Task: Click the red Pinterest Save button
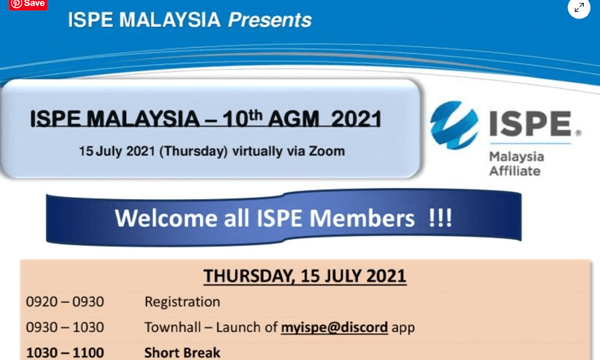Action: (28, 4)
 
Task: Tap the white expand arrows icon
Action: (579, 7)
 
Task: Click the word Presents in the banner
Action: (270, 20)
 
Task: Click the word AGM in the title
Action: (293, 119)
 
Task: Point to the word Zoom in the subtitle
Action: (327, 151)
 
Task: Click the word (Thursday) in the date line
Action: (194, 151)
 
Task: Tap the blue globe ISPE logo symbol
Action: (454, 125)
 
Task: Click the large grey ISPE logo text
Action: (530, 124)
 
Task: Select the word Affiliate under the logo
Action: (515, 170)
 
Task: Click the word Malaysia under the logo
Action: (517, 157)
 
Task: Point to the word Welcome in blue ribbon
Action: (166, 218)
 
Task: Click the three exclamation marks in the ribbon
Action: (440, 218)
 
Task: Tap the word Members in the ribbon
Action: (362, 218)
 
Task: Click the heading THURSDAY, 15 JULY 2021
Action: (305, 276)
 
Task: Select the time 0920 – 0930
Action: (65, 302)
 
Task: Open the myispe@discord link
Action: (334, 328)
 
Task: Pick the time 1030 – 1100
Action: (65, 352)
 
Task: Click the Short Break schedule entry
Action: (182, 352)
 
